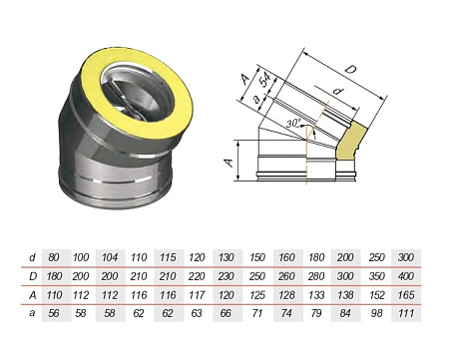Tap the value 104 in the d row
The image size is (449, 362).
[113, 256]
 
